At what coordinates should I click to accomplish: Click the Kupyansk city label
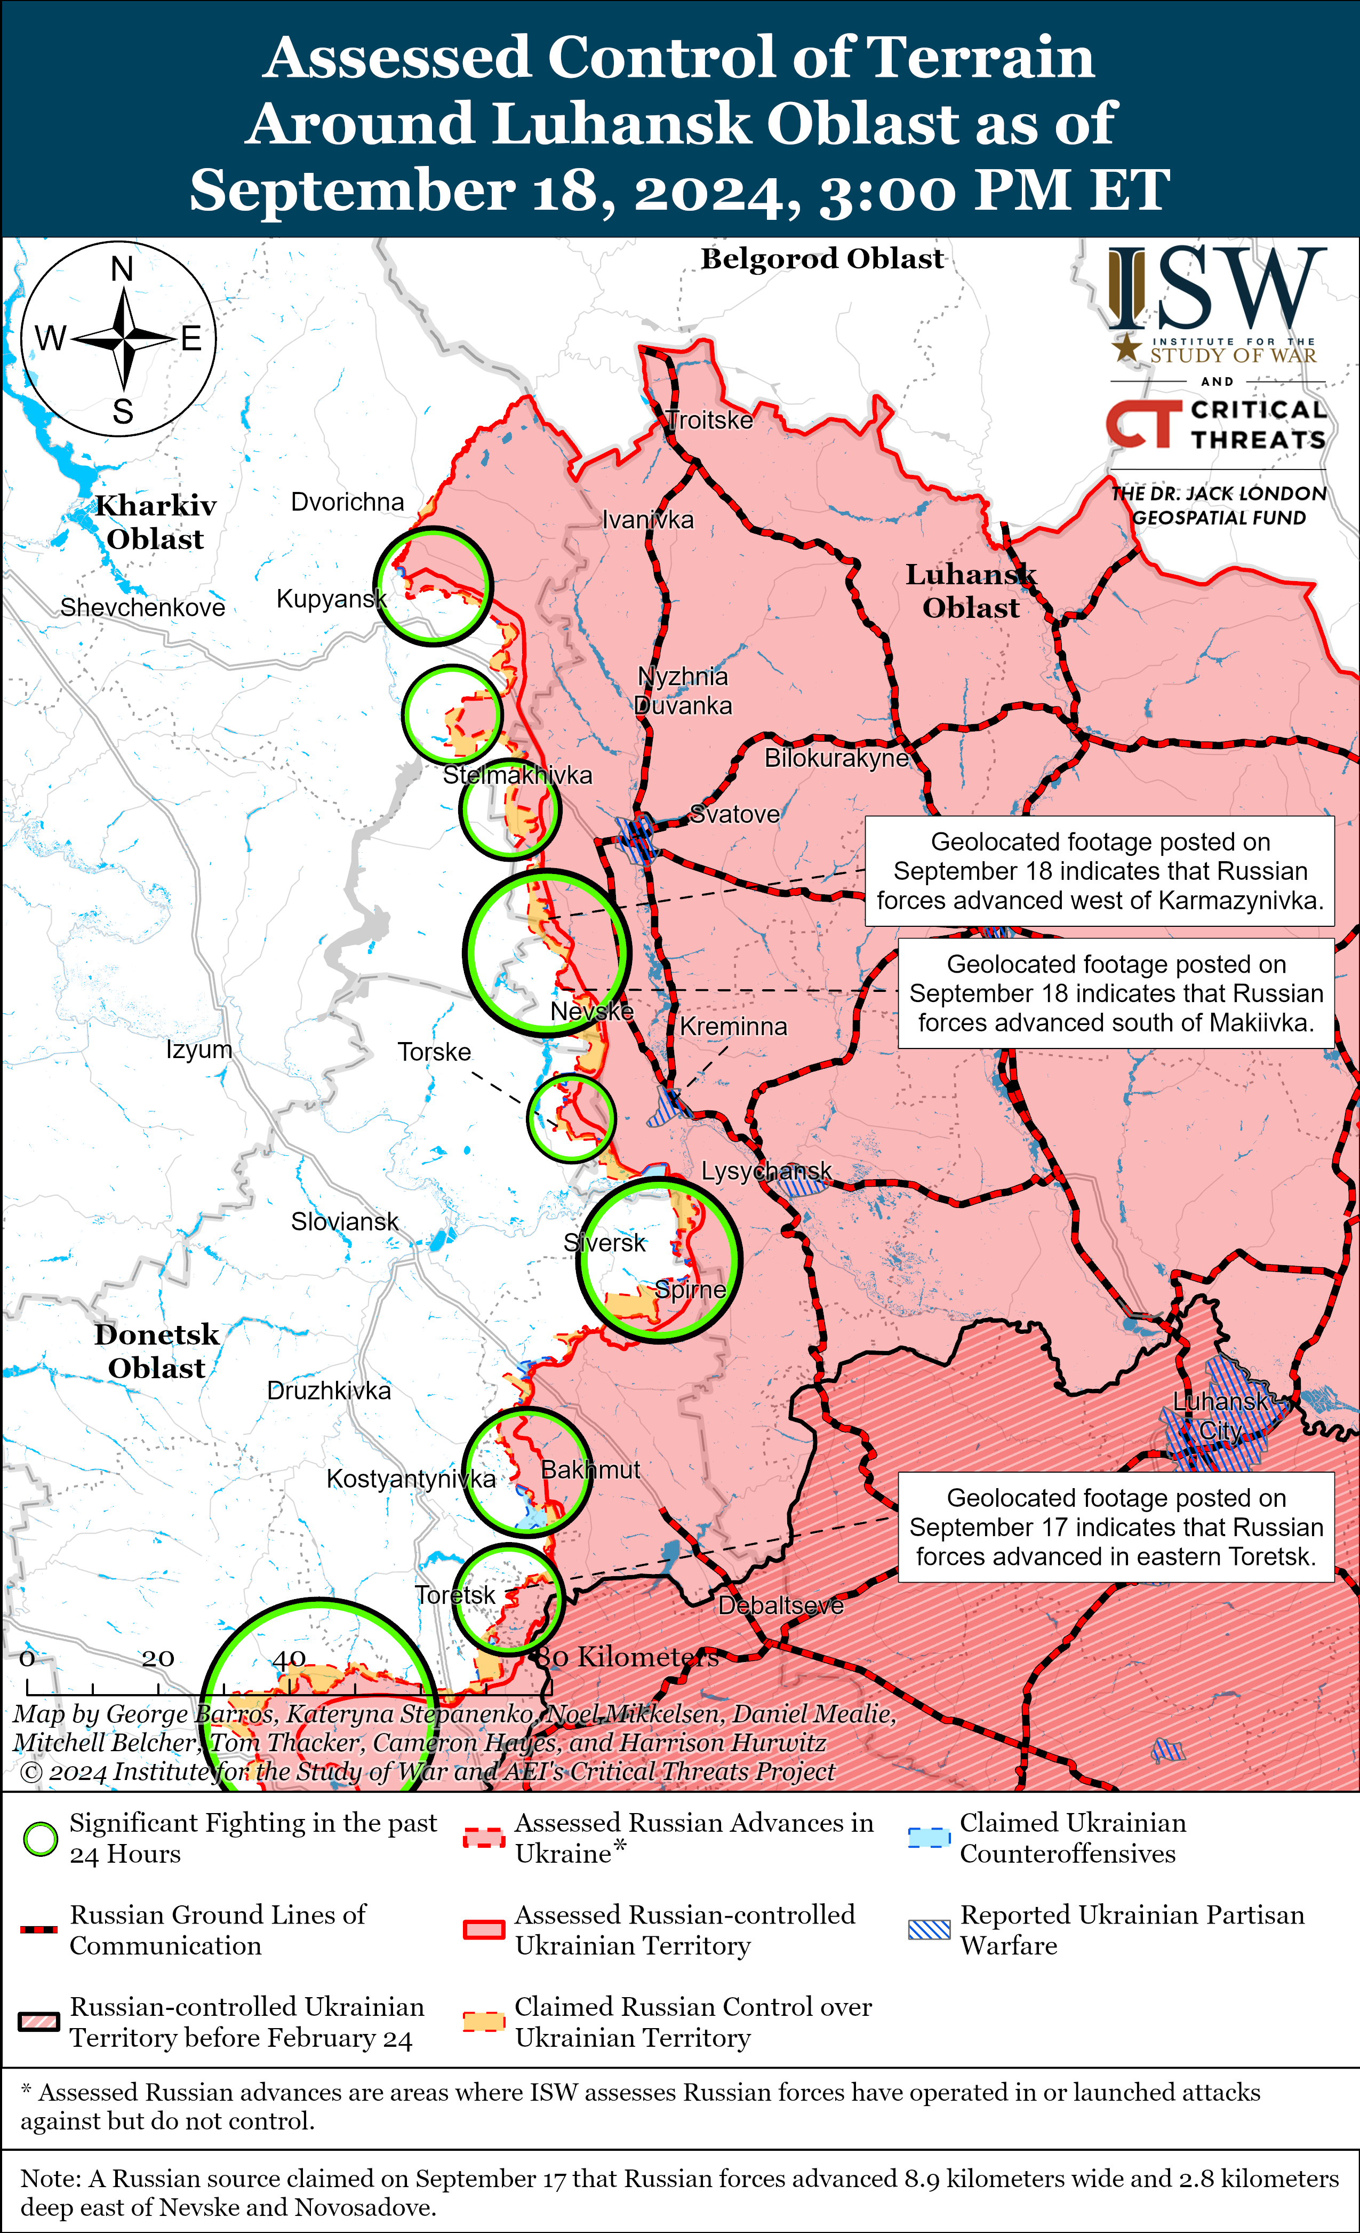coord(331,599)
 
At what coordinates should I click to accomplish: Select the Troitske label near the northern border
coord(709,420)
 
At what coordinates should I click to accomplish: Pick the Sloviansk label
coord(345,1222)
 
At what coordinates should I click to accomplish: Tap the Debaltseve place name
coord(780,1606)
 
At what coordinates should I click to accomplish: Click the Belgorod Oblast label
coord(822,259)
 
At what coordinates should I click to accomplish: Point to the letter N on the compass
coord(122,269)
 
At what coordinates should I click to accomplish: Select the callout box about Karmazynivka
coord(1099,871)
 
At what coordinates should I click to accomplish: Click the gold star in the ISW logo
coord(1126,347)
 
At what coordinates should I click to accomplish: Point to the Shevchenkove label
coord(142,607)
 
